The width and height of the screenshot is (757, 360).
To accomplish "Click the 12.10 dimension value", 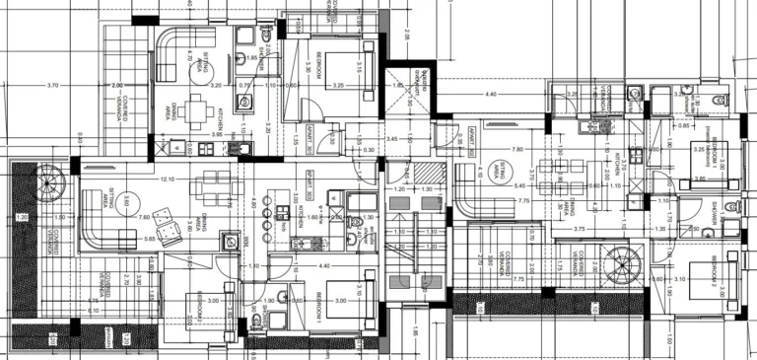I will click(x=169, y=179).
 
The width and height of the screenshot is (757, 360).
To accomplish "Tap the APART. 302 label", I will click(x=473, y=135).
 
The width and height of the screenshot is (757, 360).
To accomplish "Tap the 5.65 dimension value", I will click(x=149, y=238).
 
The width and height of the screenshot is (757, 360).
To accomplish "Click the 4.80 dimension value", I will click(x=253, y=204).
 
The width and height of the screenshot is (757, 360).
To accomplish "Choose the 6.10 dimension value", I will click(x=94, y=311).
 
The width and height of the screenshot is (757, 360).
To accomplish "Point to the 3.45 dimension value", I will click(x=393, y=139).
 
